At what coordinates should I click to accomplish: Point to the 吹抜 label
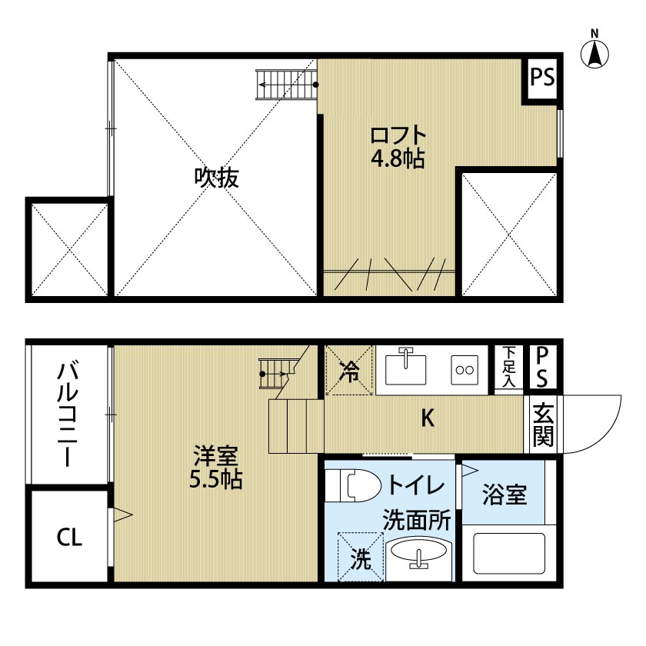click(216, 178)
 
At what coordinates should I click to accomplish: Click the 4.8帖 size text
click(398, 159)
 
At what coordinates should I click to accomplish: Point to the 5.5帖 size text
click(216, 481)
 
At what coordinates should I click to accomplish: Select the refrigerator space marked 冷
click(349, 371)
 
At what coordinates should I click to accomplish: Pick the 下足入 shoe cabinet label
click(508, 367)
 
